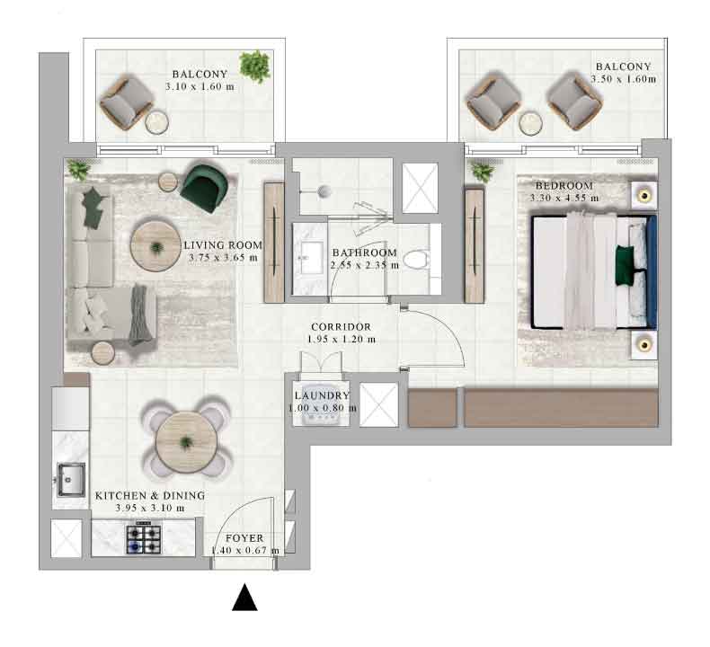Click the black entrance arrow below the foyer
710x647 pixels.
tap(244, 598)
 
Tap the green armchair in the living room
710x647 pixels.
tap(204, 188)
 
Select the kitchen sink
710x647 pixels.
tap(71, 480)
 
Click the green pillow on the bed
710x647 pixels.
tap(624, 265)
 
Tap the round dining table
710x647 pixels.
tap(186, 442)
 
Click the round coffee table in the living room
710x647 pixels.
tap(155, 246)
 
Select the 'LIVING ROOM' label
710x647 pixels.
tap(223, 245)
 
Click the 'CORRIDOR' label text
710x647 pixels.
tap(341, 327)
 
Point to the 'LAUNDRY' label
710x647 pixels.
tap(322, 395)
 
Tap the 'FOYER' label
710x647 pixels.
tap(244, 538)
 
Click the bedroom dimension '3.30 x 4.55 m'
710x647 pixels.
tap(564, 198)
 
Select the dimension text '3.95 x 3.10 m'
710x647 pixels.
tap(150, 508)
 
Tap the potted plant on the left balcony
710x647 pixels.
tap(255, 66)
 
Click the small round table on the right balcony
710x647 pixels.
tap(530, 124)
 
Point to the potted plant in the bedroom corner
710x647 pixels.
tap(483, 172)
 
